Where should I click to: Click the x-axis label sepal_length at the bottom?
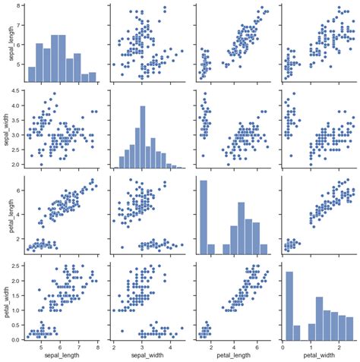[x=61, y=355]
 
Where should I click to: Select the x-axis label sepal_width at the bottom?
[x=145, y=355]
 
